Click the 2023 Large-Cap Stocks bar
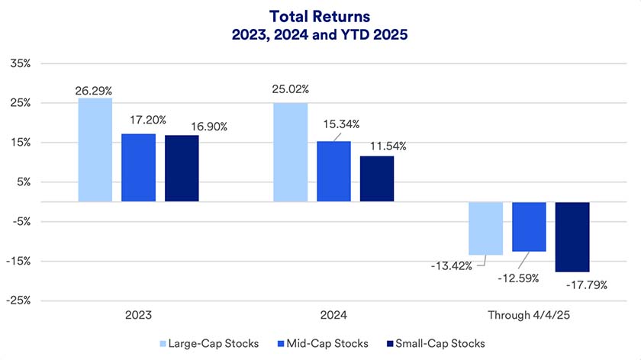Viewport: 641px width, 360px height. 95,149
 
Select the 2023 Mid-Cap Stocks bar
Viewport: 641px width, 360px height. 138,168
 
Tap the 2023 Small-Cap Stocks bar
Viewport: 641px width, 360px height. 182,169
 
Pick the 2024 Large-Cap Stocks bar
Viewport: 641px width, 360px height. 290,153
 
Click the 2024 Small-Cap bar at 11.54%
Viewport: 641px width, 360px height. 377,179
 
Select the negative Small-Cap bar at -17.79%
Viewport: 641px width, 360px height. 572,237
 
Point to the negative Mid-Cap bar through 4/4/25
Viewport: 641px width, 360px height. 529,227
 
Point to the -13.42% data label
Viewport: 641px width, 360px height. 449,265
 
